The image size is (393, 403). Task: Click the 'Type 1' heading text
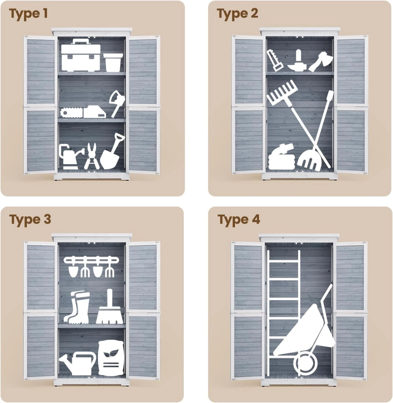tap(28, 14)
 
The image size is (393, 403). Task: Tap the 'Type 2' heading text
tap(238, 14)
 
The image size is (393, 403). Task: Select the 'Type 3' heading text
tap(30, 220)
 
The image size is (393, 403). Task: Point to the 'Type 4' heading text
tap(239, 220)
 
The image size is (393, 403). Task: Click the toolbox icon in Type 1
tap(80, 55)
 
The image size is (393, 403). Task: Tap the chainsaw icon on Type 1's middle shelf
tap(83, 112)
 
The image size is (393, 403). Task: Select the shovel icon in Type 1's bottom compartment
tap(112, 152)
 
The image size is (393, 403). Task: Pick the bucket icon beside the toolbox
tap(113, 63)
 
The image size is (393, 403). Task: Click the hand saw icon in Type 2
tap(275, 60)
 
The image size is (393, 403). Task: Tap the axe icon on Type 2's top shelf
tap(320, 61)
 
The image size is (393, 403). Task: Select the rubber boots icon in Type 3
tap(77, 307)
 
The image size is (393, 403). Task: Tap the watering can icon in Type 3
tap(78, 364)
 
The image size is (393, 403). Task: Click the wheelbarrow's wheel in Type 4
tap(305, 363)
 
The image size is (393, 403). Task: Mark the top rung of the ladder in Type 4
tap(284, 262)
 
